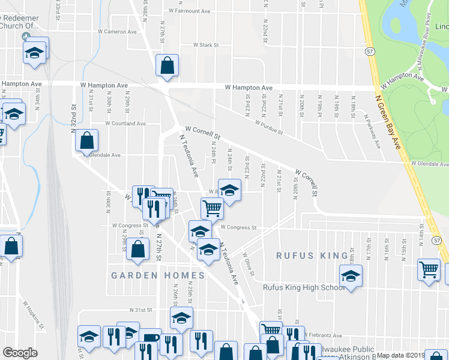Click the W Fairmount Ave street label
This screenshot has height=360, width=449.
(190, 11)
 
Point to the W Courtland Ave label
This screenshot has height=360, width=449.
(125, 124)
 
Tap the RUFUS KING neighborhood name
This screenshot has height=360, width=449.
(304, 256)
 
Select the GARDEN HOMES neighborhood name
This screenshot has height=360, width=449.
(158, 275)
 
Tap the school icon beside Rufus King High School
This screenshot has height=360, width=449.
(351, 276)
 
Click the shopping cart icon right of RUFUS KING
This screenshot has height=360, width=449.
(429, 269)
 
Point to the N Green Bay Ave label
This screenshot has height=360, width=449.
(387, 122)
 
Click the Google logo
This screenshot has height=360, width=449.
(20, 353)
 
